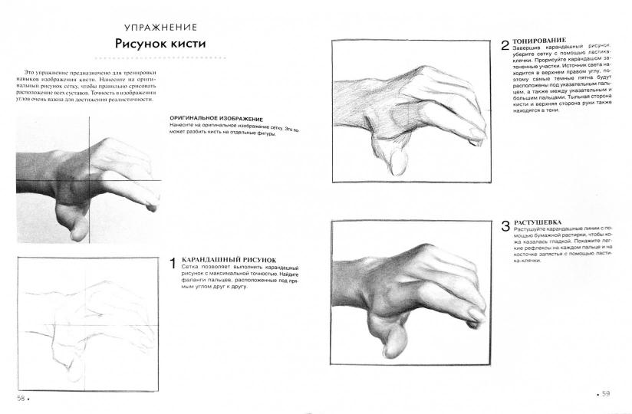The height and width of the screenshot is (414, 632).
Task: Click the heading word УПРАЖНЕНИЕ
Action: pyautogui.click(x=161, y=28)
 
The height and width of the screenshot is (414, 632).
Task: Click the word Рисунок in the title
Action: pyautogui.click(x=140, y=44)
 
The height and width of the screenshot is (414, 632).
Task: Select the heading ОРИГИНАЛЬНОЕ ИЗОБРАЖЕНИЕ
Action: pyautogui.click(x=216, y=119)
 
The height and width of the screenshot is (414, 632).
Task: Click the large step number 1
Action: pyautogui.click(x=173, y=264)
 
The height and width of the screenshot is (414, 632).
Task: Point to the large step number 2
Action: pyautogui.click(x=505, y=45)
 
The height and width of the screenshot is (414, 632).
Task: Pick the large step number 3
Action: pyautogui.click(x=505, y=226)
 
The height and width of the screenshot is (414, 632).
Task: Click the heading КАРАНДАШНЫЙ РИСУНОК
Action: pyautogui.click(x=229, y=260)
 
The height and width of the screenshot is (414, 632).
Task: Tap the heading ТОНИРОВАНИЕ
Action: pyautogui.click(x=539, y=41)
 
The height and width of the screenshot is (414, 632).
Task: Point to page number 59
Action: pyautogui.click(x=606, y=394)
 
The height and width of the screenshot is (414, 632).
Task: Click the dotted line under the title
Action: pyautogui.click(x=160, y=58)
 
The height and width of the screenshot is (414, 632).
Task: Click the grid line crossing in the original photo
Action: pyautogui.click(x=89, y=180)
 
